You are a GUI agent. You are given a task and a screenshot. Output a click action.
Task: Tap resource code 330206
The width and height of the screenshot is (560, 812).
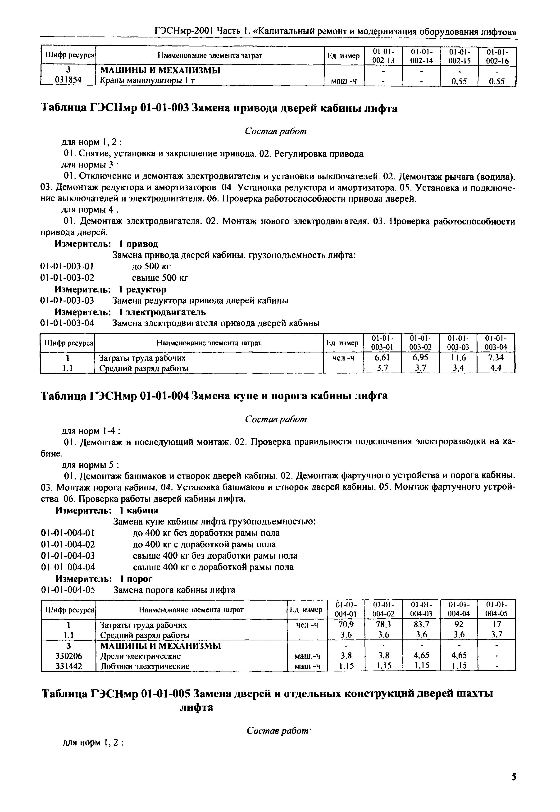coord(68,656)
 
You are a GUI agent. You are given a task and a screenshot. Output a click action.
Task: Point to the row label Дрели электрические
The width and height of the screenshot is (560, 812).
coord(140,656)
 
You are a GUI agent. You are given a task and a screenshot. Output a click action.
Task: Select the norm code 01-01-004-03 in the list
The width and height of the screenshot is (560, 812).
coord(68,556)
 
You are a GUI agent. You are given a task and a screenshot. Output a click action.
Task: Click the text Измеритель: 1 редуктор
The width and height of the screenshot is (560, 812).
coord(110,289)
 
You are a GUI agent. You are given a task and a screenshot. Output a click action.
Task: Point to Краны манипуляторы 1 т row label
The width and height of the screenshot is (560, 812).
coord(147,80)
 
